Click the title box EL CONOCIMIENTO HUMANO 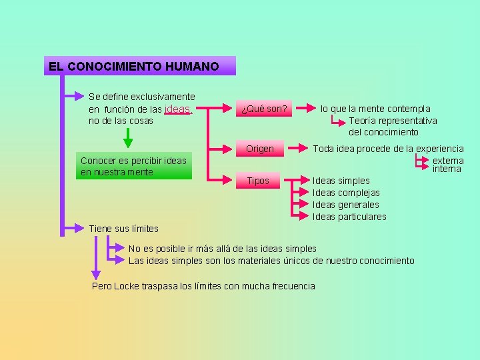tap(140, 66)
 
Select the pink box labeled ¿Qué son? tap(264, 109)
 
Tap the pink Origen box tap(260, 149)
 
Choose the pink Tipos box tap(258, 181)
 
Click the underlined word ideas tap(177, 109)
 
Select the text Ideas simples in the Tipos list tap(341, 181)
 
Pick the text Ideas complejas tap(346, 193)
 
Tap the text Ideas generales tap(345, 205)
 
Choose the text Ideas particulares tap(349, 217)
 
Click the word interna tap(447, 169)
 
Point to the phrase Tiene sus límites tap(123, 229)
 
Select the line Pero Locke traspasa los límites tap(203, 286)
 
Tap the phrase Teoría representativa tap(393, 121)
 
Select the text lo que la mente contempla tap(375, 109)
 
